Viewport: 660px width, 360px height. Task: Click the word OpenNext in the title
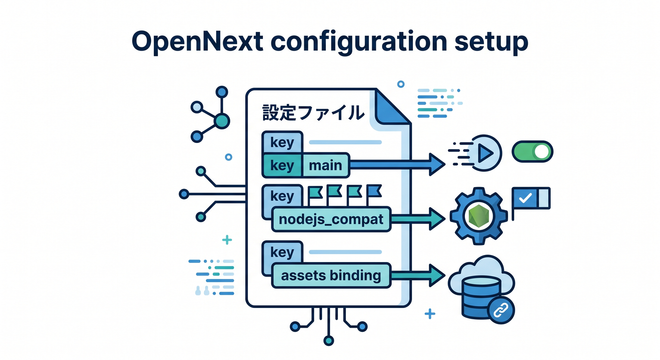(x=197, y=42)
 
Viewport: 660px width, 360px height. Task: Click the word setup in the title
(x=491, y=42)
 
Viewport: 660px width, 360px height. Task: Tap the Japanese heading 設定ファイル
(x=313, y=112)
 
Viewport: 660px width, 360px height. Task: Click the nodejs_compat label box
(x=331, y=219)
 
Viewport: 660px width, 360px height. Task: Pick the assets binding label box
(x=331, y=276)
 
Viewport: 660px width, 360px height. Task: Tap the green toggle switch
(x=532, y=151)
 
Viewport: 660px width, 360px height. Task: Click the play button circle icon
(x=484, y=153)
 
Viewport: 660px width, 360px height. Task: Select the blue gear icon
(x=479, y=216)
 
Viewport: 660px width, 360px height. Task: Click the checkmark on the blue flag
(x=525, y=198)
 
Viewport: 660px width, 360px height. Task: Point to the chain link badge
(x=501, y=310)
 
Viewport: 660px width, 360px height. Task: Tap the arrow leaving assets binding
(x=418, y=275)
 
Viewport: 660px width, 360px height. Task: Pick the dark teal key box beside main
(x=282, y=165)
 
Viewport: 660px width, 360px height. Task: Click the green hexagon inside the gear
(x=479, y=216)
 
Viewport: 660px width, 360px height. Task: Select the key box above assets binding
(x=282, y=252)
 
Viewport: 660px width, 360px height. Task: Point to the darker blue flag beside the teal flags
(x=374, y=191)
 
